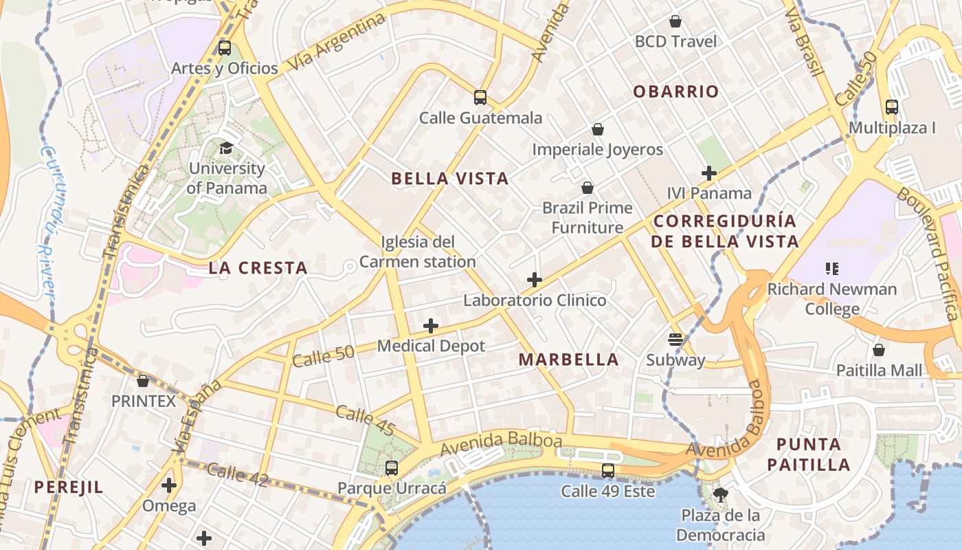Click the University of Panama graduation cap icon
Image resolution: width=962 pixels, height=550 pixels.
coord(226,147)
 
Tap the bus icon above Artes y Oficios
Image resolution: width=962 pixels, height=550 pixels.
coord(225,48)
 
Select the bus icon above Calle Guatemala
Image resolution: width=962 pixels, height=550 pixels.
coord(480,98)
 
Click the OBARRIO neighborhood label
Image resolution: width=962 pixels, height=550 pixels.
coord(676,91)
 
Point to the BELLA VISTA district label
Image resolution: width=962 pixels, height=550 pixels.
coord(450,179)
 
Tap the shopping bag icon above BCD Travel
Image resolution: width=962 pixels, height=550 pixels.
coord(675,21)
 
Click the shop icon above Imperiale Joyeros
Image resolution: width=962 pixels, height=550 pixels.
coord(598,129)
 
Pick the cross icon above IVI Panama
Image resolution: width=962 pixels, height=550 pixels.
coord(709,173)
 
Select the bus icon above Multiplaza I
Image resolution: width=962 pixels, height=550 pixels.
coord(892,107)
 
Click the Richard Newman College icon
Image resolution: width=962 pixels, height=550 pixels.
coord(832,269)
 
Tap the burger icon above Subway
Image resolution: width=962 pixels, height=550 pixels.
coord(675,339)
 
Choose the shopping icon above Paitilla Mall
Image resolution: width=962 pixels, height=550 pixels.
coord(878,350)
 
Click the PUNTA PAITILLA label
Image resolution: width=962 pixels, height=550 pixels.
coord(809,454)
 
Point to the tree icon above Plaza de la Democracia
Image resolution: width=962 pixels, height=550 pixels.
coord(721,494)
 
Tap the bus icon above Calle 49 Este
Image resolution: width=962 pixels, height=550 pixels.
coord(608,471)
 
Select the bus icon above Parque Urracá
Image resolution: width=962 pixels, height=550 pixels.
coord(392,468)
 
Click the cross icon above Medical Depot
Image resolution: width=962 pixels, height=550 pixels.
coord(431,325)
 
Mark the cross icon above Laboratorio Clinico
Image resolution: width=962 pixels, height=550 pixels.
coord(535,280)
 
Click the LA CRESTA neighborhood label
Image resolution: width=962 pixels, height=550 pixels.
coord(258,268)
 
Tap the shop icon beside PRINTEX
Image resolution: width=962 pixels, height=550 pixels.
coord(143,380)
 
